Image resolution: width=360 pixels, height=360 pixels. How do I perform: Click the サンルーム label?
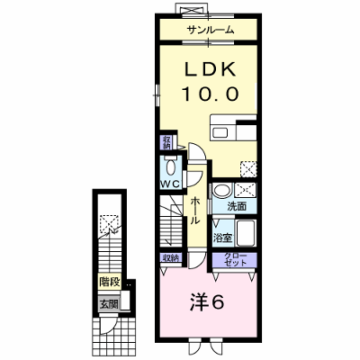(x=210, y=30)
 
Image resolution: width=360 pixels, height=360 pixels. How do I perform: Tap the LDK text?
(x=210, y=70)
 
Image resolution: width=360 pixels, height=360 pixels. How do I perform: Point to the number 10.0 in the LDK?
(x=210, y=94)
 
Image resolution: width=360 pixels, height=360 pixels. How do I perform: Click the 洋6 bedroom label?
(x=207, y=303)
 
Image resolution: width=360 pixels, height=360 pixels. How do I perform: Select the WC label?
(x=170, y=184)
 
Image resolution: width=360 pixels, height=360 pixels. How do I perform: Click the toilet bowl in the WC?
(x=171, y=166)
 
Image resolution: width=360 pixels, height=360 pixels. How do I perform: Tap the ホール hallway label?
(x=195, y=211)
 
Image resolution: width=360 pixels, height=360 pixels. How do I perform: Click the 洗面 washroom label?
(x=237, y=206)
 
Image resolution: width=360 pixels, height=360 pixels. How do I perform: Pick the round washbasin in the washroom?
(x=222, y=191)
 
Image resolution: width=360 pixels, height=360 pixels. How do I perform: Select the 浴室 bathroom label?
(x=222, y=238)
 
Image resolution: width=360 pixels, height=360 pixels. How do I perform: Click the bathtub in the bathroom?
(x=246, y=233)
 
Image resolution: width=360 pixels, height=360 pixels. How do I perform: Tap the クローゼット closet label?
(x=236, y=260)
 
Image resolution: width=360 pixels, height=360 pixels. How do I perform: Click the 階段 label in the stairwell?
(x=110, y=282)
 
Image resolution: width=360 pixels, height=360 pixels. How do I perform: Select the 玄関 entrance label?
(x=110, y=304)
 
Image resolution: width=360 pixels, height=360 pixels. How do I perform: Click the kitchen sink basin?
(x=220, y=132)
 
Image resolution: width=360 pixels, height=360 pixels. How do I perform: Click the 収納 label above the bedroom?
(x=171, y=258)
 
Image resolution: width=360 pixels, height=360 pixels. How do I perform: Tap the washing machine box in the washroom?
(x=245, y=190)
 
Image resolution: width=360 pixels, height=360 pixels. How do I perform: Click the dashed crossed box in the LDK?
(x=248, y=169)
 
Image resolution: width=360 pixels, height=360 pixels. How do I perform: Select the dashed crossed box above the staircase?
(x=109, y=224)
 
